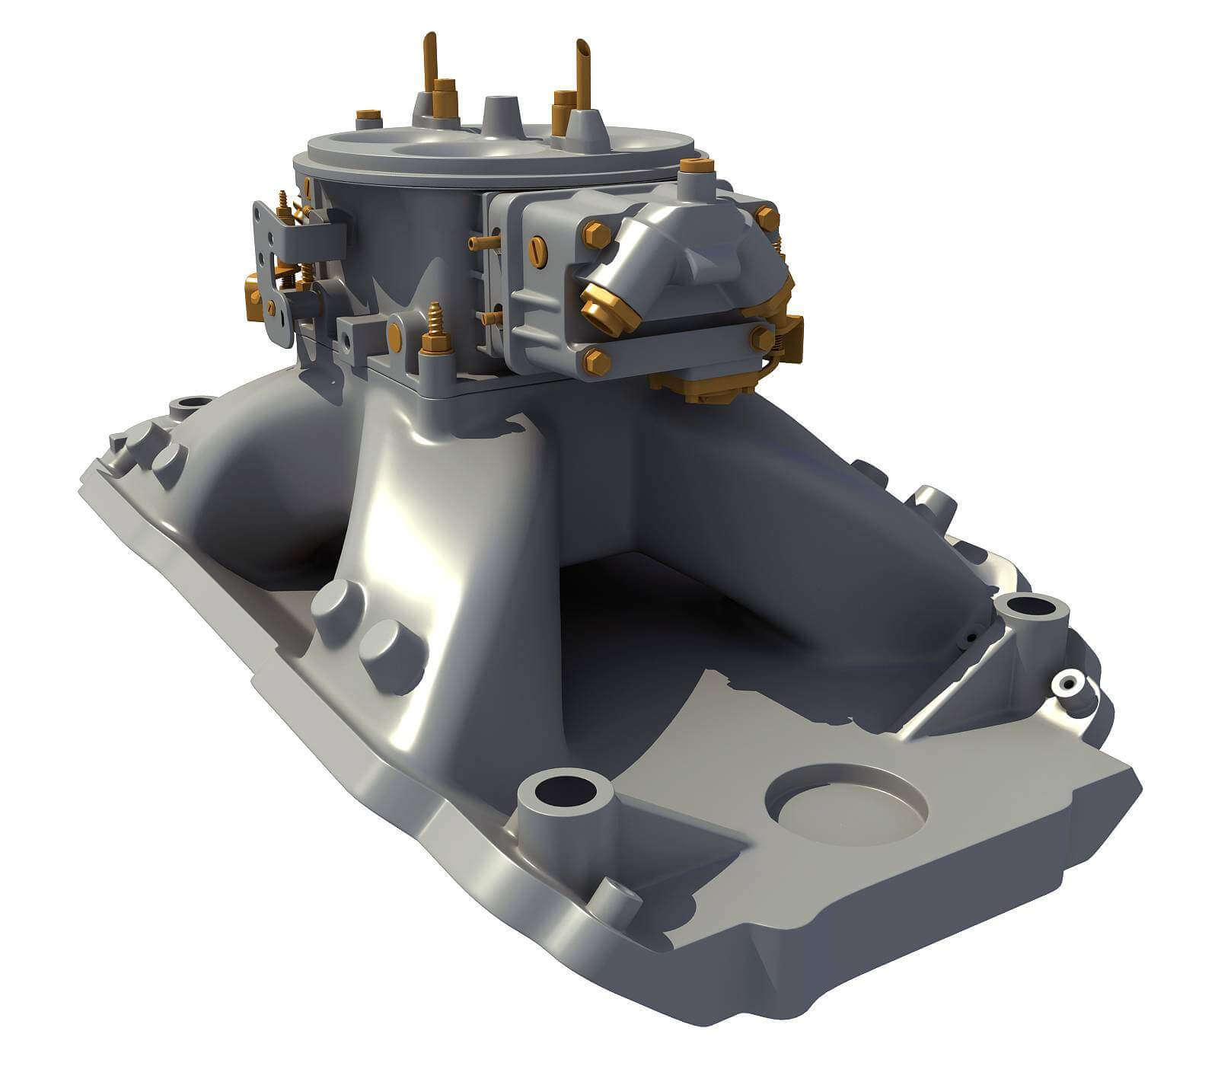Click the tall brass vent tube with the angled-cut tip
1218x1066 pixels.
[x=583, y=72]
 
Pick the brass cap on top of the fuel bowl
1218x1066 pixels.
[x=696, y=167]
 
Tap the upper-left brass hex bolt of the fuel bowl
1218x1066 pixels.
[x=596, y=234]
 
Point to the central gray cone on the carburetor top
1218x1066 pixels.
[x=499, y=114]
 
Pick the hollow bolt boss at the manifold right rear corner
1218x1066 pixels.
[x=1031, y=610]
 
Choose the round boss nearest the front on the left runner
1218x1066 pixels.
[x=389, y=653]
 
